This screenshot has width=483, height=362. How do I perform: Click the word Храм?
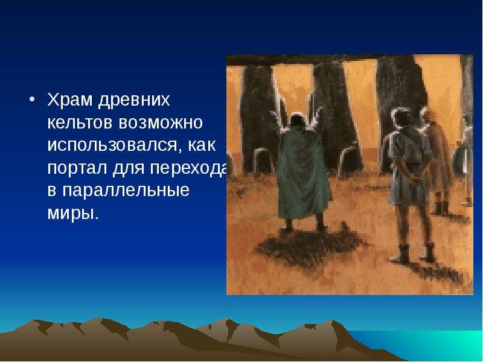point(70,100)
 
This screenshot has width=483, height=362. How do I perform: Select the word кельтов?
point(81,122)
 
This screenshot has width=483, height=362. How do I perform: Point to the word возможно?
point(161,123)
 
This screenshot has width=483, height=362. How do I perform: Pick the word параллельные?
point(126,191)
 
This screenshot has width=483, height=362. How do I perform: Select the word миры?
point(73,213)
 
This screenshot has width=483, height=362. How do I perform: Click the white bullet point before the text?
point(32,100)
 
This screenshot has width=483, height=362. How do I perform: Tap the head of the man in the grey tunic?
point(401,118)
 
